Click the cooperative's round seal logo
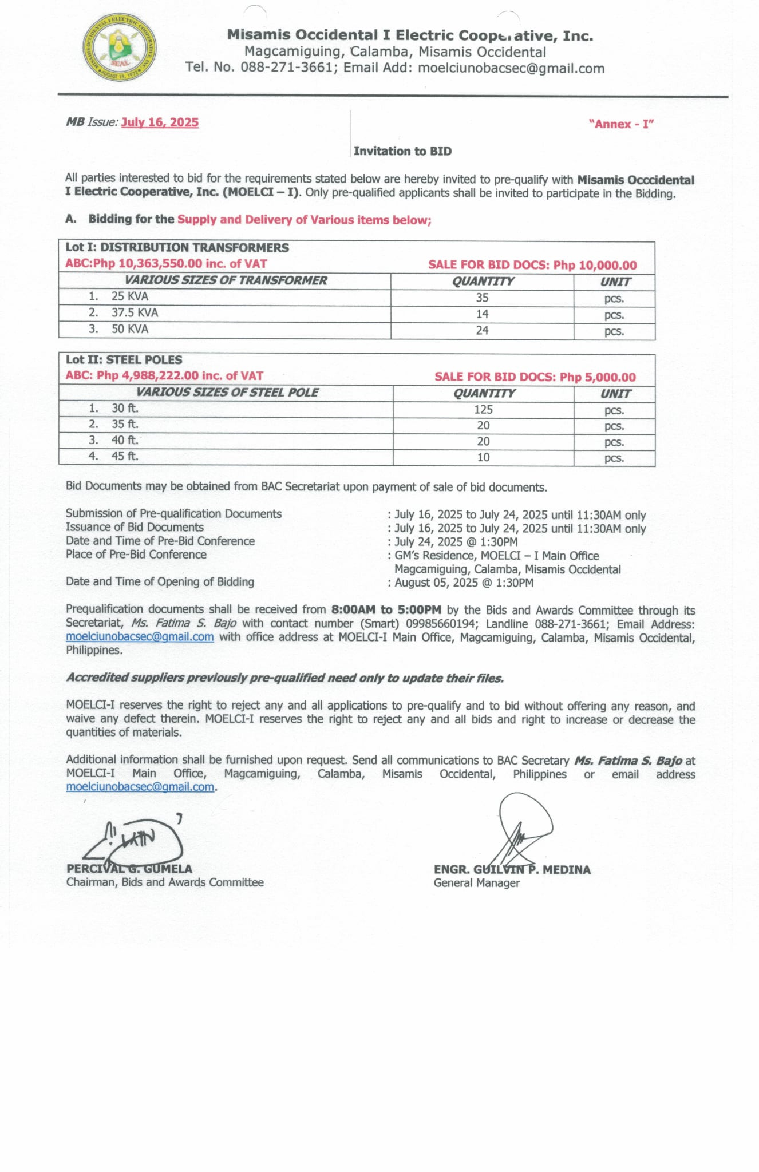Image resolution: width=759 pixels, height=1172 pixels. [x=119, y=47]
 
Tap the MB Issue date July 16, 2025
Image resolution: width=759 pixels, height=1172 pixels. [x=160, y=122]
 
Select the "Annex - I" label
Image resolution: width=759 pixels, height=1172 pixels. [x=621, y=124]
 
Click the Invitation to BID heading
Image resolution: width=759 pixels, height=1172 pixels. [x=402, y=151]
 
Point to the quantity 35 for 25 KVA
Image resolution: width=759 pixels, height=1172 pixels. [x=482, y=298]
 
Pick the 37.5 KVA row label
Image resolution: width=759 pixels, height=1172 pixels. [x=135, y=312]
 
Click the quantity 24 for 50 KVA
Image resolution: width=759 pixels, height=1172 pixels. [x=482, y=330]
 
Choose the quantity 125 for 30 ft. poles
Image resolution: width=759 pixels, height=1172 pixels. [x=483, y=410]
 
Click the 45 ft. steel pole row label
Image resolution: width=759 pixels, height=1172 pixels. [x=125, y=456]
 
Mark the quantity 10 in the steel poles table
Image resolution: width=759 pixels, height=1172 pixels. [x=483, y=457]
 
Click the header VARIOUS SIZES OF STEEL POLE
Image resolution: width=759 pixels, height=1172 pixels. [x=227, y=393]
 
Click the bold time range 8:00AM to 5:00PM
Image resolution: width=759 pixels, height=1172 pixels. [x=386, y=610]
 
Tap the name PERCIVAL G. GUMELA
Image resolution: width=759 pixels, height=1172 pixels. [x=129, y=869]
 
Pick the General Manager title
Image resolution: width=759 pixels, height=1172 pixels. [x=476, y=883]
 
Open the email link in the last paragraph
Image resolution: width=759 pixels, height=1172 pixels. [x=140, y=787]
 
